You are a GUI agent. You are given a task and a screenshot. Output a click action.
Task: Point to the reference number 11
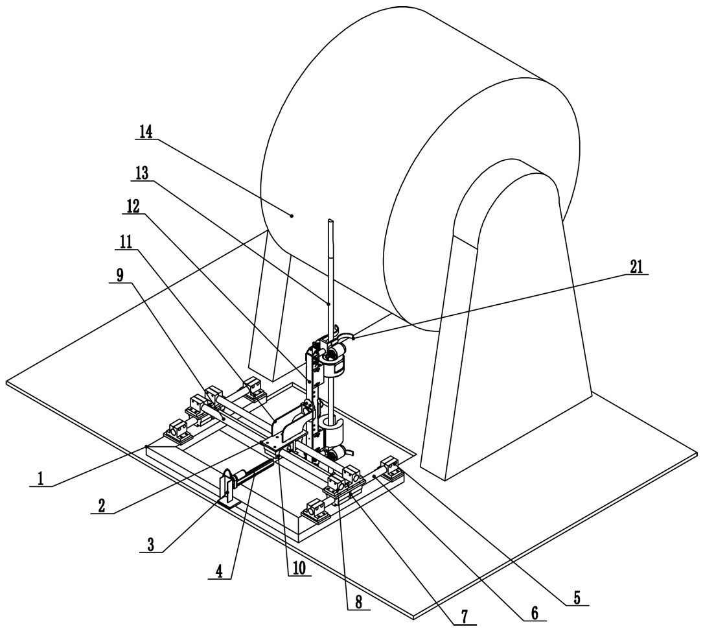(126, 243)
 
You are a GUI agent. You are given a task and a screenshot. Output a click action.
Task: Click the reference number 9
(120, 275)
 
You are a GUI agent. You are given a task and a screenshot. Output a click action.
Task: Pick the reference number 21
(636, 267)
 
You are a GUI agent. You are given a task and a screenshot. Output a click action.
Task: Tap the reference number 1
(40, 479)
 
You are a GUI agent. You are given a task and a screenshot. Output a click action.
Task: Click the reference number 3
(150, 545)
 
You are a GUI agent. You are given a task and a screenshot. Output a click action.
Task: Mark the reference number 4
(219, 571)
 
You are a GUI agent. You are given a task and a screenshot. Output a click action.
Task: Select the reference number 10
(299, 569)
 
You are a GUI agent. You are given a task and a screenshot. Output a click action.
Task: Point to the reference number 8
(358, 602)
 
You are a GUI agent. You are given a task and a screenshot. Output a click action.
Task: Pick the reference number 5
(577, 597)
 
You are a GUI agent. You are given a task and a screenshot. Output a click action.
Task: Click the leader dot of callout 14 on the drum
(292, 216)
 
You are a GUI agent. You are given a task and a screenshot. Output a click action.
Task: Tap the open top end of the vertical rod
(331, 220)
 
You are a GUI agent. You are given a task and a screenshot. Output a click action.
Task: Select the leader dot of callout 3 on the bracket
(227, 492)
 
